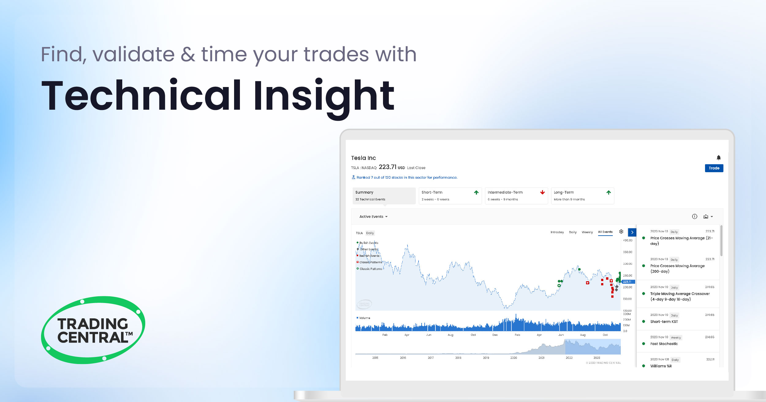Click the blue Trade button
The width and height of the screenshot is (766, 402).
click(714, 168)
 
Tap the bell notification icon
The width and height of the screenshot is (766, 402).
click(719, 157)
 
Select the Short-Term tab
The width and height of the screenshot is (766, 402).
click(450, 195)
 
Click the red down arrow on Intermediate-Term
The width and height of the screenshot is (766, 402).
click(542, 192)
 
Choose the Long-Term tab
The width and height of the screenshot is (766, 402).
click(582, 195)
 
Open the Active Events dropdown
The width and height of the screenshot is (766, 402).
click(373, 217)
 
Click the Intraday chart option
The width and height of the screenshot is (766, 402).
click(557, 232)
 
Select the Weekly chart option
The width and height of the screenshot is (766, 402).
click(587, 232)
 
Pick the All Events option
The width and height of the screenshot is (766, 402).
click(605, 232)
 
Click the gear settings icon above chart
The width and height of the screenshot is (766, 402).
click(621, 232)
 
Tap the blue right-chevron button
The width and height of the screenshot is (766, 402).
click(632, 232)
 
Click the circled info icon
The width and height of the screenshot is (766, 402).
click(695, 217)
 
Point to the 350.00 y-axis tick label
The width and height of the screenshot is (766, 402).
click(628, 252)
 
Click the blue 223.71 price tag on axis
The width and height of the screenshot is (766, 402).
click(628, 282)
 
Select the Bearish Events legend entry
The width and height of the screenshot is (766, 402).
click(369, 256)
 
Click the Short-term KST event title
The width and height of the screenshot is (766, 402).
click(664, 322)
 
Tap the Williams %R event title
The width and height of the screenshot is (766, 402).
click(661, 366)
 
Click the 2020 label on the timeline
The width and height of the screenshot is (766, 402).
click(514, 358)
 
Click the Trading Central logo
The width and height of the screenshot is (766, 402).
click(93, 330)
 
